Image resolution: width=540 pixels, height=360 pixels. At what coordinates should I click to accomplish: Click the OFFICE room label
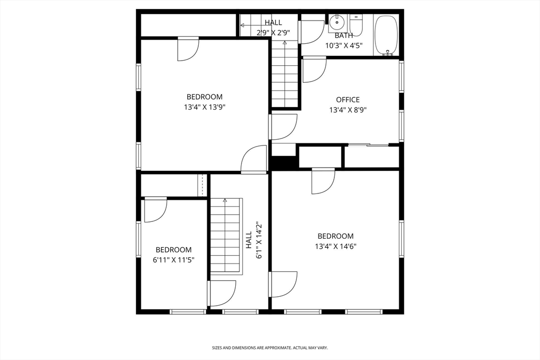click(348, 100)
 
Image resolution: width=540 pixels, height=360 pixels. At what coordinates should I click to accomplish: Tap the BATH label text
click(344, 35)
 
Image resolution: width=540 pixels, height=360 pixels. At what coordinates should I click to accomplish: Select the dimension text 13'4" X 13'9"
click(205, 107)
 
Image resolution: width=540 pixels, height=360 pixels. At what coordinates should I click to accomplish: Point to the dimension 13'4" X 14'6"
click(335, 247)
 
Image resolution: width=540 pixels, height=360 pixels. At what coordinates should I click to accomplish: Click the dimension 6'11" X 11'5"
click(173, 260)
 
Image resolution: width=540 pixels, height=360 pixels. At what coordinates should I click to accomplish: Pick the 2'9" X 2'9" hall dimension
click(274, 33)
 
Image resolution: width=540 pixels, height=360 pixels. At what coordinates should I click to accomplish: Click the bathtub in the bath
click(387, 35)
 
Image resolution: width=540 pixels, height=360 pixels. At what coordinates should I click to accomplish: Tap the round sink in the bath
click(336, 23)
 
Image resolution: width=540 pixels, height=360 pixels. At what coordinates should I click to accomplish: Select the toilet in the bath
click(356, 25)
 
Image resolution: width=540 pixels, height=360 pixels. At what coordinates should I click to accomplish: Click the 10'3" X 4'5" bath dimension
click(344, 45)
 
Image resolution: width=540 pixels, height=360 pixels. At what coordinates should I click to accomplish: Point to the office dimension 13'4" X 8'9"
click(348, 110)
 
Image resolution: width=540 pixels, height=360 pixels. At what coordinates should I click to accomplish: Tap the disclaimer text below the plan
click(269, 348)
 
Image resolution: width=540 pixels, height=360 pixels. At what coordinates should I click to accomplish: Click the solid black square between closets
click(284, 162)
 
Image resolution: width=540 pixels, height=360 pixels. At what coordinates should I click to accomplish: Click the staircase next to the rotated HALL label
click(226, 236)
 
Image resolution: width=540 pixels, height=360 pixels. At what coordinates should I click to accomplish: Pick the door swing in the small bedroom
click(156, 210)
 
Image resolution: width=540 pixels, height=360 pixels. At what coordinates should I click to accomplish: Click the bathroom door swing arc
click(312, 32)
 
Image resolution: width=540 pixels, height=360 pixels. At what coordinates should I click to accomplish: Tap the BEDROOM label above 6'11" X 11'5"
click(173, 250)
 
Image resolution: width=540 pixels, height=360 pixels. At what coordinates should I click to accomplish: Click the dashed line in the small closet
click(202, 185)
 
